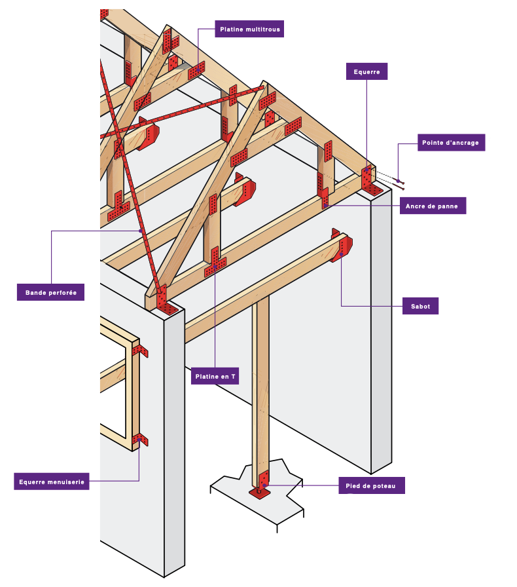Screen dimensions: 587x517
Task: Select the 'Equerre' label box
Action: (x=366, y=71)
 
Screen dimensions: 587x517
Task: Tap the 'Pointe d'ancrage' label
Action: (x=452, y=143)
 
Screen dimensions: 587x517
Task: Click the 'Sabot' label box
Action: (x=420, y=306)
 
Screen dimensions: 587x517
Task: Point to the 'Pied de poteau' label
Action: (x=371, y=485)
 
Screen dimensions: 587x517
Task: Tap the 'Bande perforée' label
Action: (x=50, y=292)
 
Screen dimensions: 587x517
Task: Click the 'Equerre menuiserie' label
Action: (x=51, y=482)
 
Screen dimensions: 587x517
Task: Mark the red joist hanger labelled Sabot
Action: (x=342, y=246)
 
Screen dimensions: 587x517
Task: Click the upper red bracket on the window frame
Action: (x=139, y=350)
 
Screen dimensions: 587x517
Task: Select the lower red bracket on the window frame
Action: (x=140, y=439)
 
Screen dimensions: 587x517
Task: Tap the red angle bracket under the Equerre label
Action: (x=370, y=181)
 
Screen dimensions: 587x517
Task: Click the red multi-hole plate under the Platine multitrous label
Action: (x=197, y=69)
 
